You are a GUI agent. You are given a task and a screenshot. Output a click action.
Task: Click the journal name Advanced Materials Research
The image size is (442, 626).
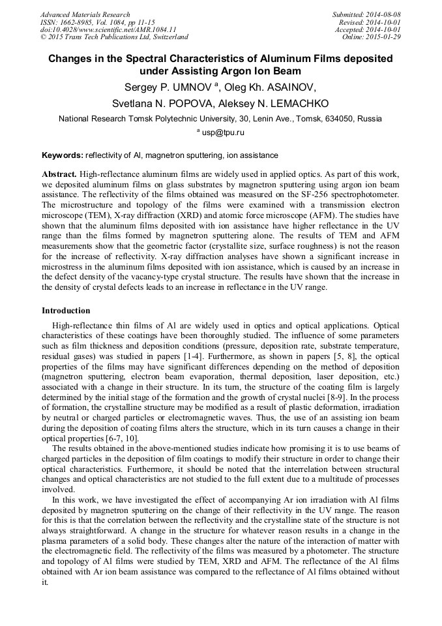point(85,14)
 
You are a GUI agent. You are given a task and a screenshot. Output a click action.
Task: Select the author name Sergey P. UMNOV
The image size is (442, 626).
point(171,87)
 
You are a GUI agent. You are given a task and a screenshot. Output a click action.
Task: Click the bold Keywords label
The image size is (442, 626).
point(63,155)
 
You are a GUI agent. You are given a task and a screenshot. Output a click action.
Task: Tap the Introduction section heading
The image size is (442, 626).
point(66,311)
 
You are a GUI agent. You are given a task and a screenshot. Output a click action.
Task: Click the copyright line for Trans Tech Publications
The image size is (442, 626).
point(114,37)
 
